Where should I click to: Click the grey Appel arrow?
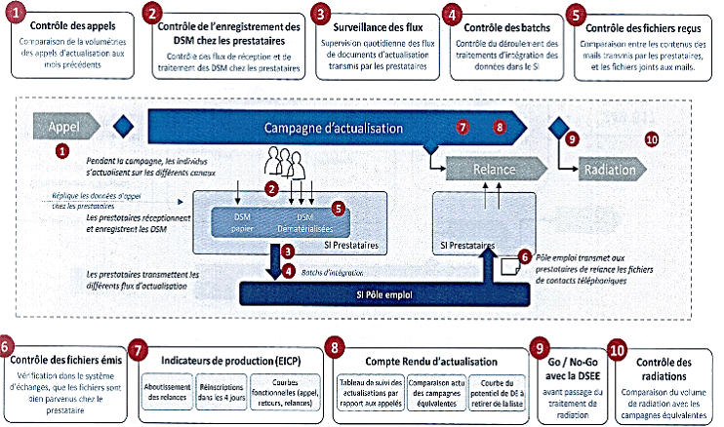pos(65,127)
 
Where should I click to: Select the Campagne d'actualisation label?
pos(327,128)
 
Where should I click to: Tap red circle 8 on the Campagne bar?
pos(500,127)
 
